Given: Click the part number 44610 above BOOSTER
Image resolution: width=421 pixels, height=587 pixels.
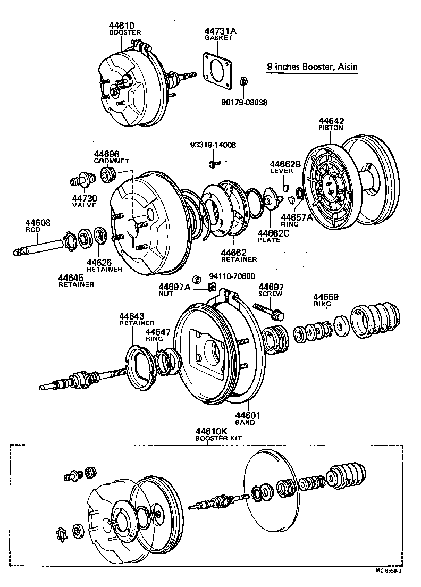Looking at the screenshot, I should coord(121,25).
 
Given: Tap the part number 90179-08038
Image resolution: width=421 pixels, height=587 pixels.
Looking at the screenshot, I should coord(245,101).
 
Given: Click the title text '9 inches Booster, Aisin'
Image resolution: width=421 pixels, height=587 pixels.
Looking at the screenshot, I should coord(312,67).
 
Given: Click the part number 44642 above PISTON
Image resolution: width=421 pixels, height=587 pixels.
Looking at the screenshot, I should coord(331,121).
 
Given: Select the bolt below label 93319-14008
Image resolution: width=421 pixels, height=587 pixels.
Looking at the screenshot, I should coord(213,163).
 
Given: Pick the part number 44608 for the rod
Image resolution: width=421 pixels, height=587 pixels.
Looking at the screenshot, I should coord(38,223).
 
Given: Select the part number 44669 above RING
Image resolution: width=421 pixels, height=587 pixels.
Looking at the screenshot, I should coord(325,297).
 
